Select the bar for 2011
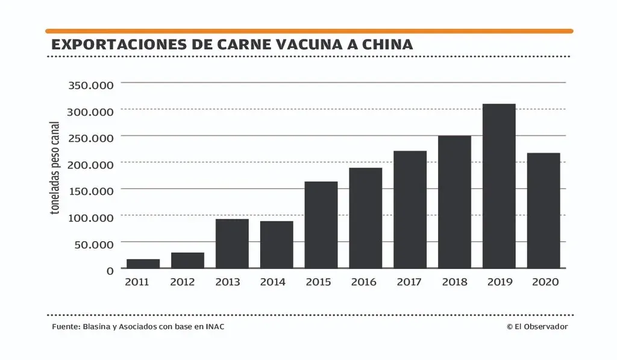(x=143, y=264)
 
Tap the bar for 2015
(x=321, y=225)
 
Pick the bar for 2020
(x=543, y=210)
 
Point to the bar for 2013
(x=232, y=244)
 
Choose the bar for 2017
(x=410, y=209)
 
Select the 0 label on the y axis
(x=110, y=270)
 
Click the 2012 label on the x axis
(x=183, y=282)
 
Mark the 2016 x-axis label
(x=363, y=282)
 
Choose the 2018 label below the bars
(x=454, y=282)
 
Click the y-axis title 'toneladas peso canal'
(x=55, y=168)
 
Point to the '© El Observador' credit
(x=537, y=326)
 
